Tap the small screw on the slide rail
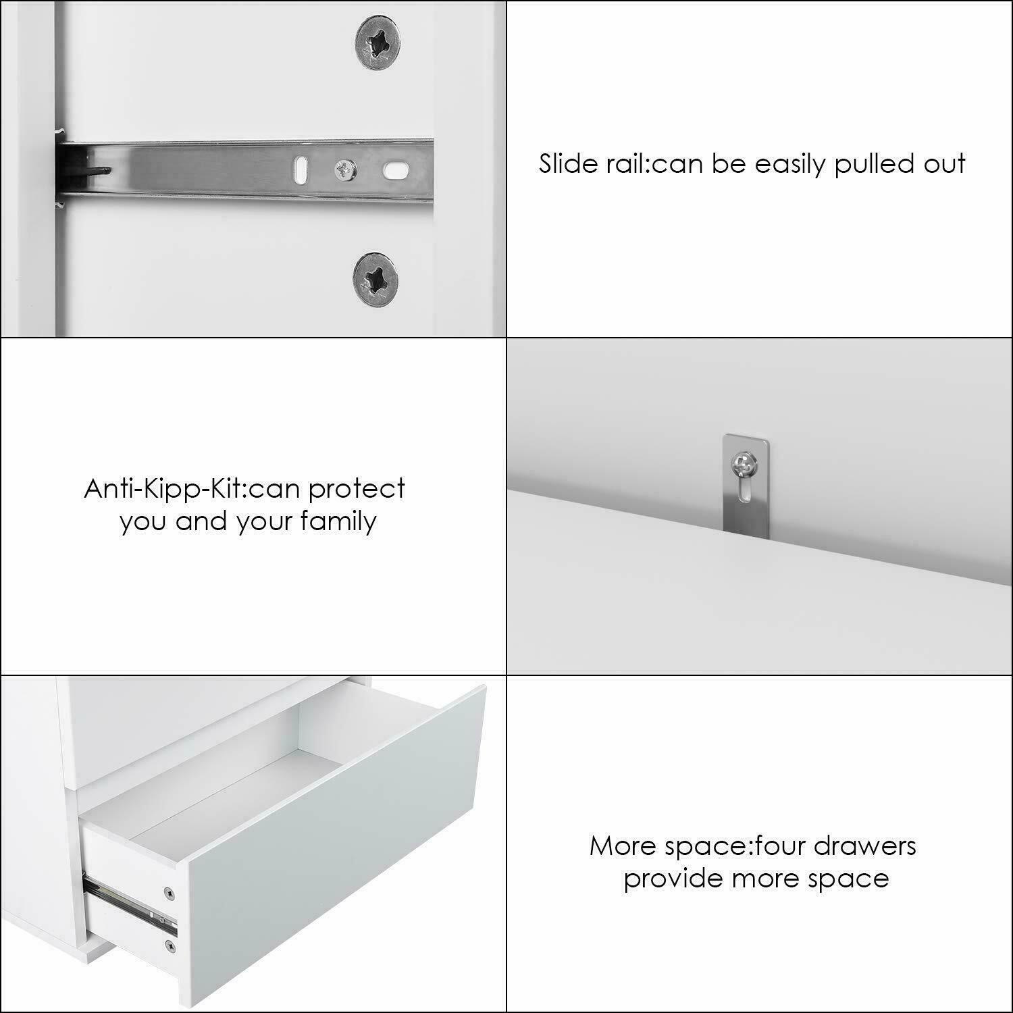coord(346,170)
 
